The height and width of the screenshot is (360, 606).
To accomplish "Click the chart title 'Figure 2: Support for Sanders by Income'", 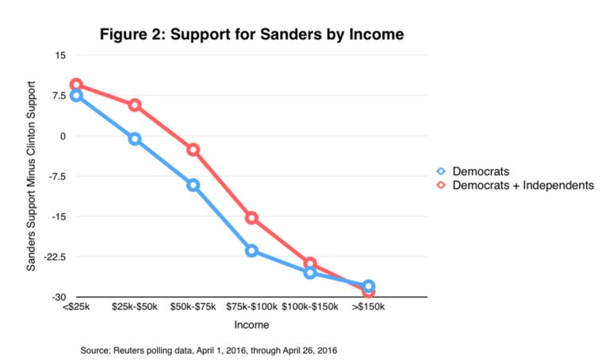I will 251,34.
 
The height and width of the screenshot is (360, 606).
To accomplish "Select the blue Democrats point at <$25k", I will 76,96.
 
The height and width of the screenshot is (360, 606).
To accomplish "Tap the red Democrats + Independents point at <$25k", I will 76,84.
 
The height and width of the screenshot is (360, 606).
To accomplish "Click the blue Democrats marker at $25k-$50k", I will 135,139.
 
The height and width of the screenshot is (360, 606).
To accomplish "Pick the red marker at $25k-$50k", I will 135,105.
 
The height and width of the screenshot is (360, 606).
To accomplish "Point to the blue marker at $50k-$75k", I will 193,185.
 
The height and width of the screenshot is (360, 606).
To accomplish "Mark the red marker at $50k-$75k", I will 193,149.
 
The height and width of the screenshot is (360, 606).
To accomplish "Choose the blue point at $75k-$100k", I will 251,251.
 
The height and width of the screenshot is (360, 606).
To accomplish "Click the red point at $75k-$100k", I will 251,217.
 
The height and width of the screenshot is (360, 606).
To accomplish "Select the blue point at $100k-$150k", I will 310,272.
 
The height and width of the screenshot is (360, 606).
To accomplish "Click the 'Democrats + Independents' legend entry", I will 516,185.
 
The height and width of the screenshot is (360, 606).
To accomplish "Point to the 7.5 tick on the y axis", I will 59,96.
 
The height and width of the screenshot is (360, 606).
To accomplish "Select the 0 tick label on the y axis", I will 63,136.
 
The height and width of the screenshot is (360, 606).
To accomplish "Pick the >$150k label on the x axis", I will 368,305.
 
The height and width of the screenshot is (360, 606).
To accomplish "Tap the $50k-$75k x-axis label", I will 193,305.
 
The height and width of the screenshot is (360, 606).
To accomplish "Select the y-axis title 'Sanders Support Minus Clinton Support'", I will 32,175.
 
